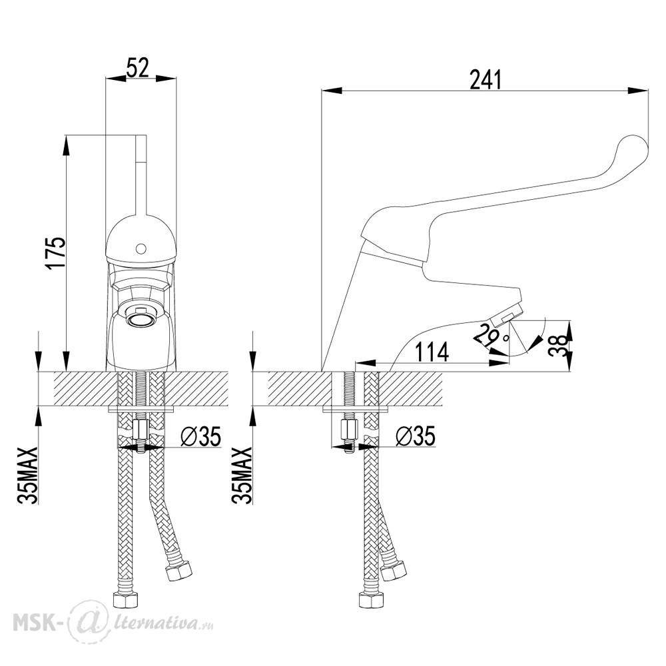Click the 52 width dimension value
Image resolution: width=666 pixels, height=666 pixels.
(x=138, y=67)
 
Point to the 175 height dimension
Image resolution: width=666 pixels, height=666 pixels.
(x=56, y=253)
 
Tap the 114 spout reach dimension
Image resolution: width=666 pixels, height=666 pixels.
(x=431, y=352)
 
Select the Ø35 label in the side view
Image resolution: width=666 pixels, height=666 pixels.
(x=415, y=436)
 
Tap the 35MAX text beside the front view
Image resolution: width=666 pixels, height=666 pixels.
(x=29, y=474)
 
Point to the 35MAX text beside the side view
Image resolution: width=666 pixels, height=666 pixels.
(x=243, y=474)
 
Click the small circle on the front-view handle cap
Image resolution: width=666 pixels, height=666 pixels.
(x=140, y=248)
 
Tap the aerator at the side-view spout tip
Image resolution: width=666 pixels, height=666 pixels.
(x=505, y=315)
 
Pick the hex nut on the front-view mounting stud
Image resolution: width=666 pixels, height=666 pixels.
(x=140, y=430)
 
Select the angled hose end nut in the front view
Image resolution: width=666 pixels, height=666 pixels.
(x=179, y=571)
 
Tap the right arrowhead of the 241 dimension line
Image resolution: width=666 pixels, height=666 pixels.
(x=639, y=90)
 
